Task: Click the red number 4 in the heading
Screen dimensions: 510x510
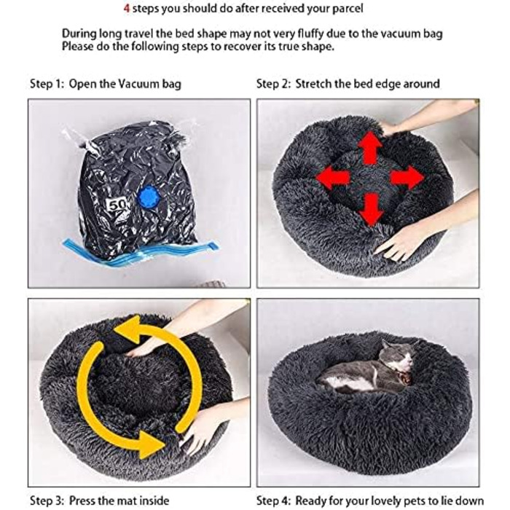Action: (127, 9)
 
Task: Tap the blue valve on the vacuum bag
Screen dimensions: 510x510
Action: (149, 196)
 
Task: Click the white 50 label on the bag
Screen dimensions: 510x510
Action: (117, 205)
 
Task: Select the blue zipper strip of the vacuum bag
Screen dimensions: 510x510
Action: (140, 251)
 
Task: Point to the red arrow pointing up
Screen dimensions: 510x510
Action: (370, 148)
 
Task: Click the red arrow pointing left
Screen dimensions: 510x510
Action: (332, 178)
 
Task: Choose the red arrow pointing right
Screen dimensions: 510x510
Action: (407, 178)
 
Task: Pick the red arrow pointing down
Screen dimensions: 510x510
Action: (371, 209)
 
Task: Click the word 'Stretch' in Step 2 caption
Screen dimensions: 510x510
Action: (313, 84)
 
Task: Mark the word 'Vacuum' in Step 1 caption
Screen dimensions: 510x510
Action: (138, 84)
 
